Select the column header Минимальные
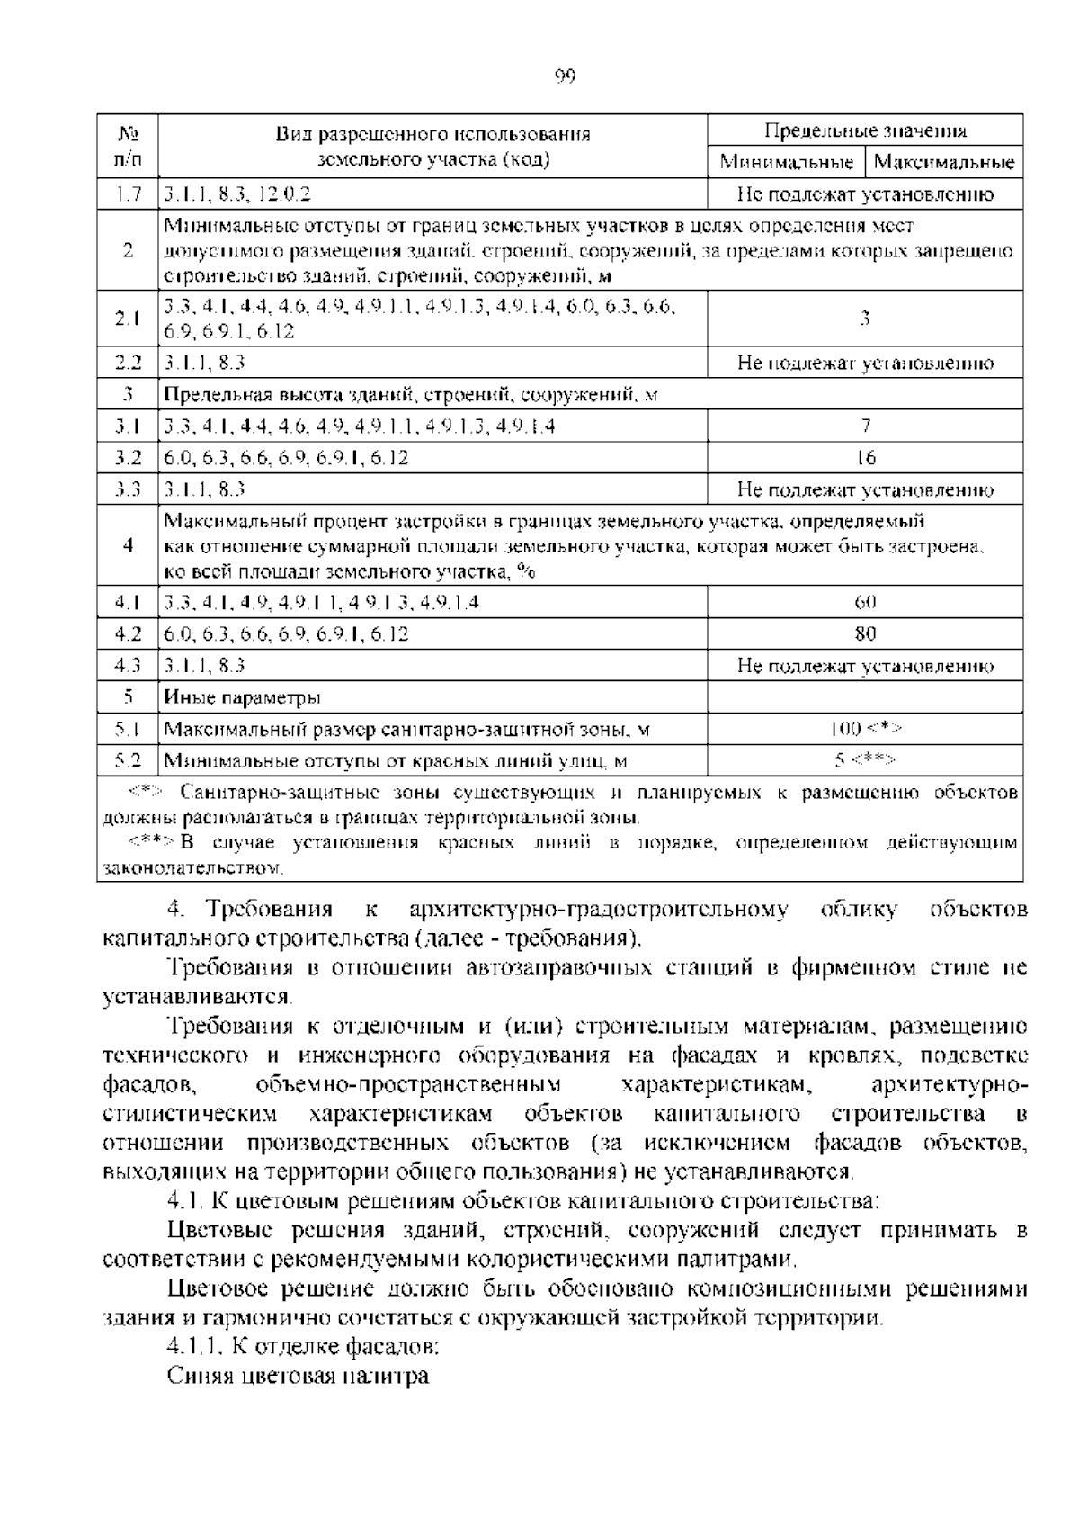[x=786, y=163]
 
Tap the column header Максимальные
[x=944, y=163]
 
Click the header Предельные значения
[x=865, y=131]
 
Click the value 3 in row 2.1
[x=865, y=318]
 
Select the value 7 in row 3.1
[x=865, y=426]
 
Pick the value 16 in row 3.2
[x=865, y=458]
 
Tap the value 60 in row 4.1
[x=865, y=602]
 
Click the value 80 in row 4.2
[x=865, y=634]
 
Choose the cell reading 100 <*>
[x=865, y=729]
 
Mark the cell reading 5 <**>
[x=865, y=760]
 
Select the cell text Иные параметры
[x=243, y=697]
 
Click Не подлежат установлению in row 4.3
[x=865, y=666]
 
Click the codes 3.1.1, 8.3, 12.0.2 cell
[x=237, y=194]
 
